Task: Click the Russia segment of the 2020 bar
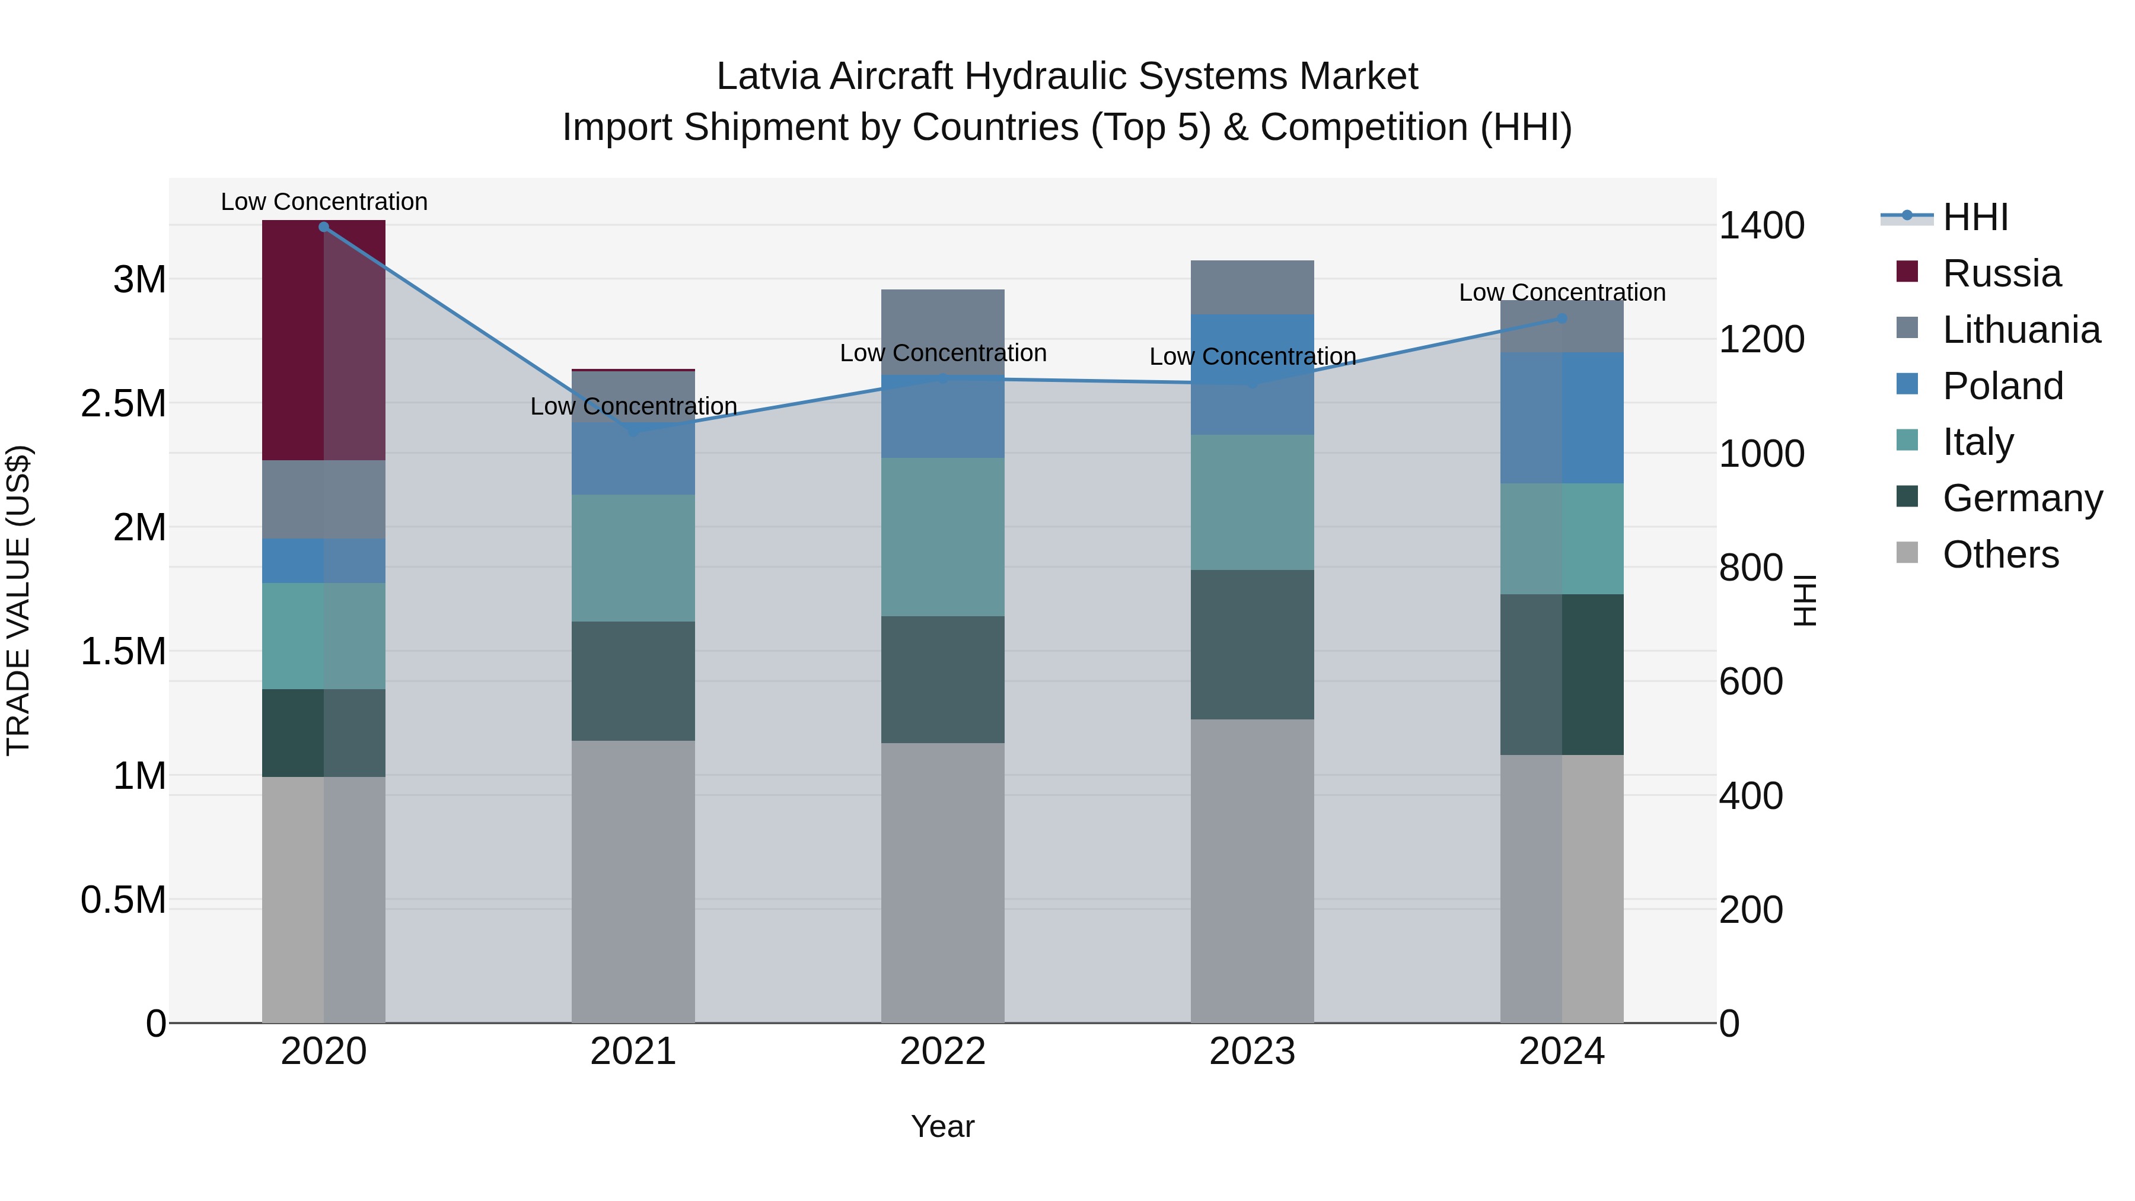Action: [323, 340]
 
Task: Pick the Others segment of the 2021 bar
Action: [633, 881]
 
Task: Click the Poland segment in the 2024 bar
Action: [1562, 418]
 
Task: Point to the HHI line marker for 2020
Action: [324, 227]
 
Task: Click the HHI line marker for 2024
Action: [1562, 318]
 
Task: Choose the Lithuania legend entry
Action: [2020, 330]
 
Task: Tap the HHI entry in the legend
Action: [1974, 217]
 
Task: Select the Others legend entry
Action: [1999, 555]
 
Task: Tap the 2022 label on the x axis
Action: [942, 1052]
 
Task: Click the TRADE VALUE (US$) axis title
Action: [18, 600]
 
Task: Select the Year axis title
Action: [942, 1126]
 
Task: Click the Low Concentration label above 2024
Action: [1562, 292]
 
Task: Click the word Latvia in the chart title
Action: [768, 77]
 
